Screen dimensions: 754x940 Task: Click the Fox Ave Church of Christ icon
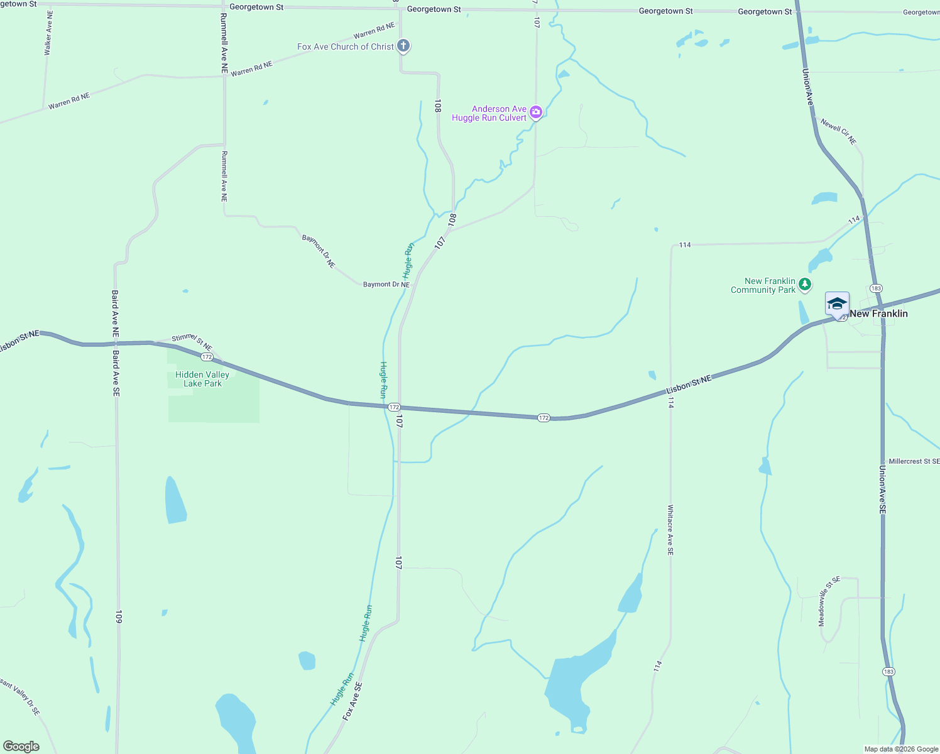(x=403, y=46)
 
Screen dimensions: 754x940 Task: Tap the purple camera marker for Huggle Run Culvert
(x=535, y=112)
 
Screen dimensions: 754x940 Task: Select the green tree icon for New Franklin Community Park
(x=805, y=285)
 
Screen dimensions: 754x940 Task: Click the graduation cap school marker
(x=836, y=304)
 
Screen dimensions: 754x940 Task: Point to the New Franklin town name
(x=878, y=314)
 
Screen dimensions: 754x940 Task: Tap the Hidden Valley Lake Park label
(x=202, y=379)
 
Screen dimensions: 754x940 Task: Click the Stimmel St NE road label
(x=192, y=342)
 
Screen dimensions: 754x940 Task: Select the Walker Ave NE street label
(x=48, y=33)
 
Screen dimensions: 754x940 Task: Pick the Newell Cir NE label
(x=838, y=131)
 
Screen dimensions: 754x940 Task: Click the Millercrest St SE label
(x=914, y=461)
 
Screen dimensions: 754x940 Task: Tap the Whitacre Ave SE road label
(x=670, y=530)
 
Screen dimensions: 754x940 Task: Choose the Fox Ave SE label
(x=352, y=701)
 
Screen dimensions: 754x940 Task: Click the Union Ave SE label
(x=882, y=490)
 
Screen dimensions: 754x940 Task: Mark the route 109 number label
(x=118, y=616)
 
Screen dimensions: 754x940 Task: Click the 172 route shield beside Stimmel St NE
(x=207, y=357)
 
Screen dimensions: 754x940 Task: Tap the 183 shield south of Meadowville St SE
(x=888, y=672)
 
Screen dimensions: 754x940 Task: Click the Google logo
(x=21, y=746)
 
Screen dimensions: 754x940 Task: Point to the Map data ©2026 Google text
(x=901, y=749)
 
